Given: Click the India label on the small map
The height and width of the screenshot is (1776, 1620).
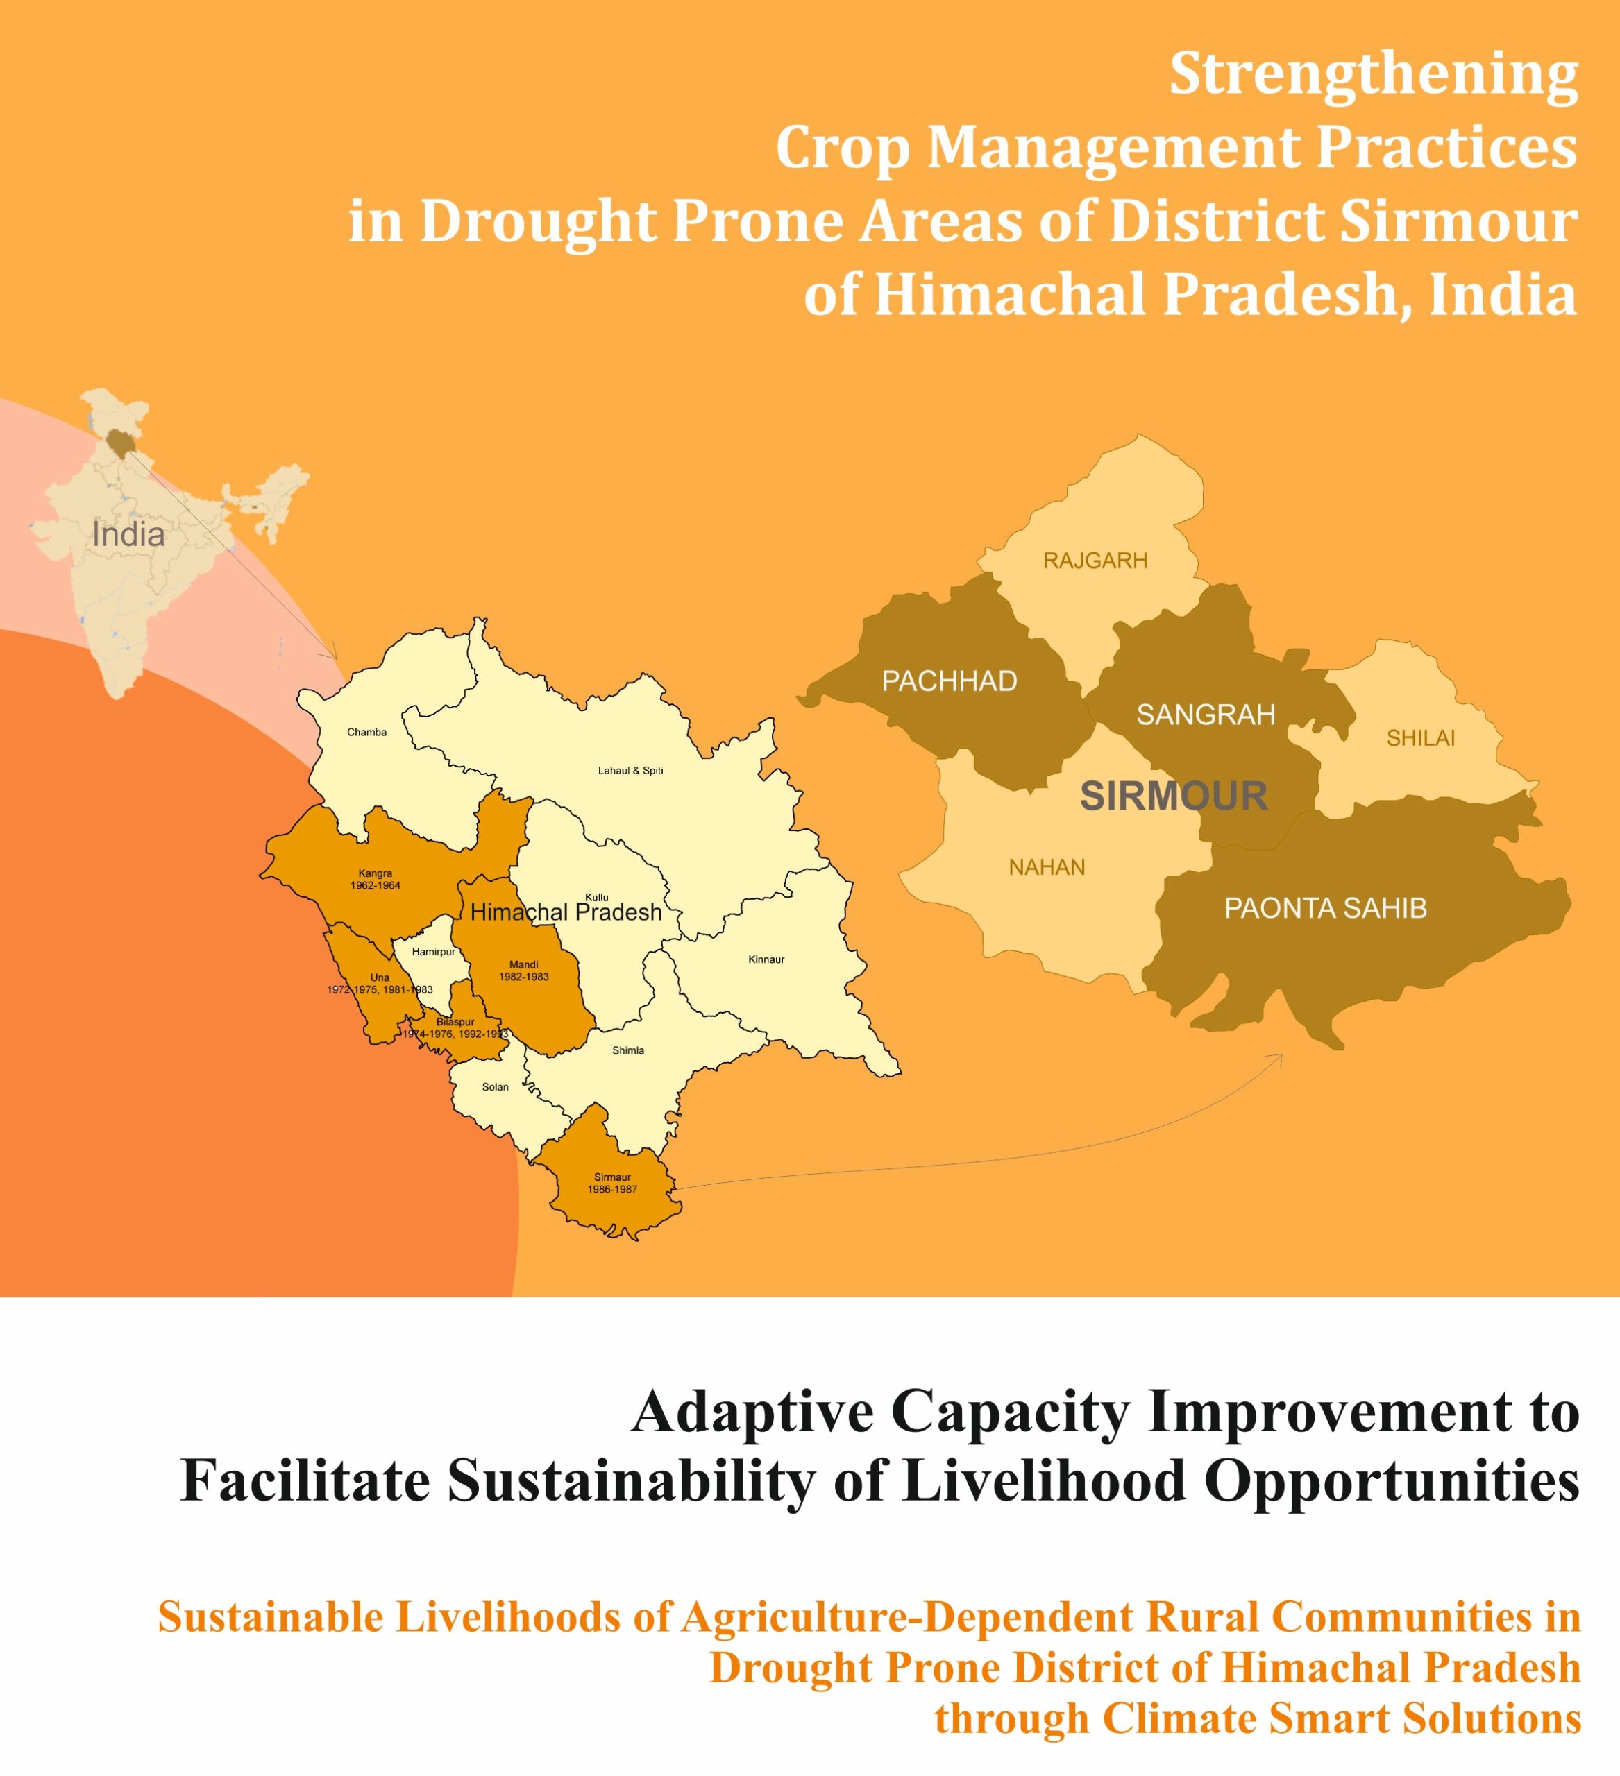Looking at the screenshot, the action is point(128,535).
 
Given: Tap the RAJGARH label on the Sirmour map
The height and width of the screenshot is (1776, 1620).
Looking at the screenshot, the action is point(1095,561).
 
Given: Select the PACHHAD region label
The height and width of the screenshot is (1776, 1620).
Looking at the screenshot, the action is point(950,681).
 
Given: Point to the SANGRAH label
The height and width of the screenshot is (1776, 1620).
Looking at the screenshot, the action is point(1206,715).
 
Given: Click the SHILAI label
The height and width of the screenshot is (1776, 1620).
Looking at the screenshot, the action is point(1421,738).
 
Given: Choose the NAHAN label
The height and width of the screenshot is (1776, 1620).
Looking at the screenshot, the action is point(1047,868).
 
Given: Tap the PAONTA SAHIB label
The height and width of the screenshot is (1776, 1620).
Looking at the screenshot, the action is point(1326,908).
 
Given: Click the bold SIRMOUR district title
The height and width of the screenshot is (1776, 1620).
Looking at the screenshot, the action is point(1174,796).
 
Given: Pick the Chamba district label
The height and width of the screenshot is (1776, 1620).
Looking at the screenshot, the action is point(366,732).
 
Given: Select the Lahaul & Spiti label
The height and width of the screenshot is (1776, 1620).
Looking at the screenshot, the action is point(631,771).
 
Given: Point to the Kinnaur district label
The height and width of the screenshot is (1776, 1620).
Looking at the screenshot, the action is point(766,959).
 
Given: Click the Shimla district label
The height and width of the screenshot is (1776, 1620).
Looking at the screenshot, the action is point(628,1050).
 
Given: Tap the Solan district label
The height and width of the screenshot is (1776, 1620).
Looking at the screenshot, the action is point(496,1087).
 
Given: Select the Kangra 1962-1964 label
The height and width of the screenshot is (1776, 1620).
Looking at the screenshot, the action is point(376,879).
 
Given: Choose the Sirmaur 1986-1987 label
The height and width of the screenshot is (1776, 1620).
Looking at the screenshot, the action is point(613,1183).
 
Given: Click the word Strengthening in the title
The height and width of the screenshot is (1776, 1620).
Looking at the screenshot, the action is point(1373,76).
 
